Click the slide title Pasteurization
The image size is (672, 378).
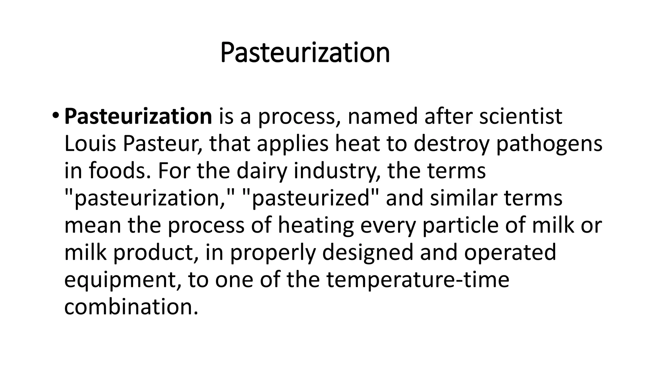coord(305,52)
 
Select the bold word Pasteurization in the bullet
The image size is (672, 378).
coord(138,116)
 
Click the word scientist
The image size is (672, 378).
coord(521,116)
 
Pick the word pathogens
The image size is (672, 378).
coord(549,144)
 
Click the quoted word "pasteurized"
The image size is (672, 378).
coord(310,199)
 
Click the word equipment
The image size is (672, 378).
coord(122,280)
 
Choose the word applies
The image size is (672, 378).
coord(292,144)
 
